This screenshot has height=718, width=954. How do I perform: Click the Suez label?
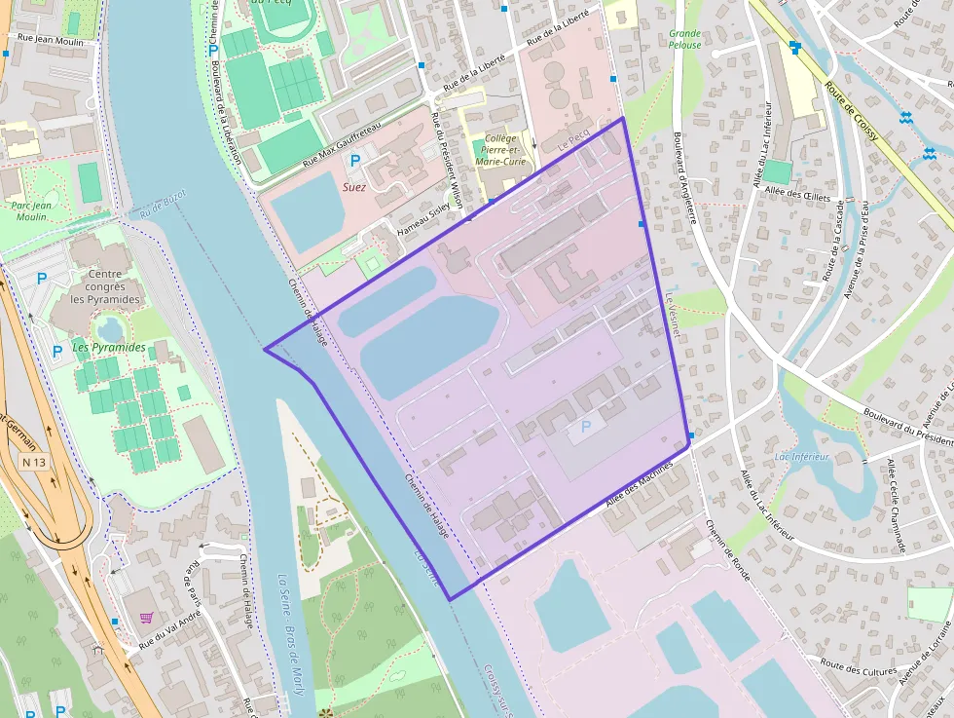pos(353,185)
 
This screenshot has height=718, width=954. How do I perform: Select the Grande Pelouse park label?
pos(684,39)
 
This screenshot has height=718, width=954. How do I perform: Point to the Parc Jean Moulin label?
pos(31,211)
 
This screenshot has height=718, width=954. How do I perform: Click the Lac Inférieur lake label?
pos(801,456)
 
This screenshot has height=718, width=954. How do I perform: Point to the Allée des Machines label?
pos(640,482)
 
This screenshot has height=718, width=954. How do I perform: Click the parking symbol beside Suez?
pos(354,160)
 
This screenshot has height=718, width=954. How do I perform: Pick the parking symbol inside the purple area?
pos(586,426)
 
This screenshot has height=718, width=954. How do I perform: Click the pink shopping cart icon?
pos(146,617)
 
